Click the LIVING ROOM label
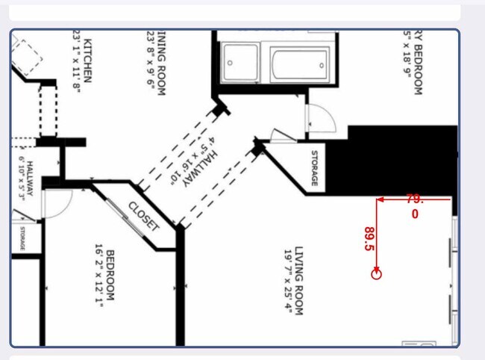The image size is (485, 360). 298,280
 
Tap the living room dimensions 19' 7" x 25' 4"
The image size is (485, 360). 288,281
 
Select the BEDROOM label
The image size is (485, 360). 110,275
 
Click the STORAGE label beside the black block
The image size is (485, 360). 314,169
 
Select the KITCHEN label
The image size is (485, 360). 87,61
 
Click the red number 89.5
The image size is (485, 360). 369,239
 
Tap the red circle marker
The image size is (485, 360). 376,274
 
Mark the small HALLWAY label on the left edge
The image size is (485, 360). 30,182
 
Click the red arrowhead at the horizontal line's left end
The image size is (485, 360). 380,199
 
